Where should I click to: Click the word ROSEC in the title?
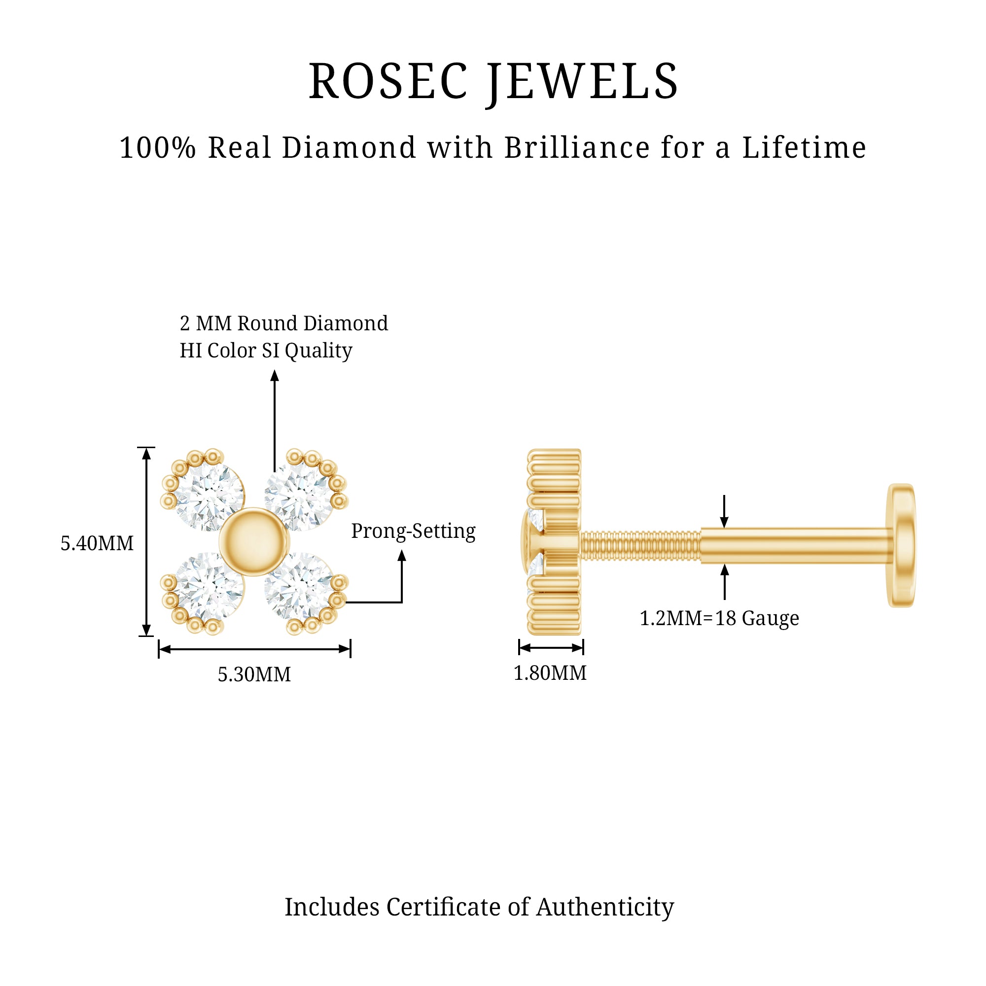(388, 82)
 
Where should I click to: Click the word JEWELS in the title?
(582, 82)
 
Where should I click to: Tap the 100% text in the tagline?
(157, 148)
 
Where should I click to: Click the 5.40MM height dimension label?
(97, 543)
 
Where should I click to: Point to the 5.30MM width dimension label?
(254, 674)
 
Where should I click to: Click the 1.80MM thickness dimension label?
(550, 672)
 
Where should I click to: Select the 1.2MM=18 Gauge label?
(719, 618)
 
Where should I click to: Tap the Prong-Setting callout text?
(413, 531)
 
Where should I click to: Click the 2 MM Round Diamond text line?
(284, 323)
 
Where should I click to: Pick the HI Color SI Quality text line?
(266, 351)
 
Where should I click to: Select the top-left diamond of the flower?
(208, 496)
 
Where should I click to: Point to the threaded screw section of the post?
(640, 546)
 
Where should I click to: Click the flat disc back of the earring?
(901, 545)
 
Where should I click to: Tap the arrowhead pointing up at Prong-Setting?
(402, 555)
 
